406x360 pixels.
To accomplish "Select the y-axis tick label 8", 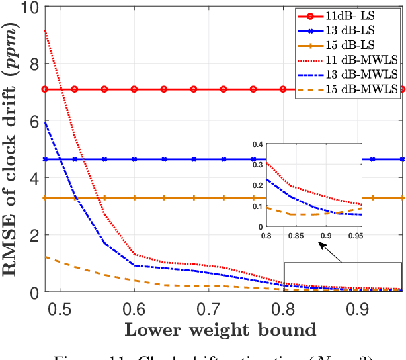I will (x=34, y=64).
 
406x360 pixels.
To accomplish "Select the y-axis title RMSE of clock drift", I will (x=13, y=149).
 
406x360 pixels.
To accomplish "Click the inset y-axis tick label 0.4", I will (x=255, y=144).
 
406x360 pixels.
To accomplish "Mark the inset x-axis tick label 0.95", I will (x=354, y=235).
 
